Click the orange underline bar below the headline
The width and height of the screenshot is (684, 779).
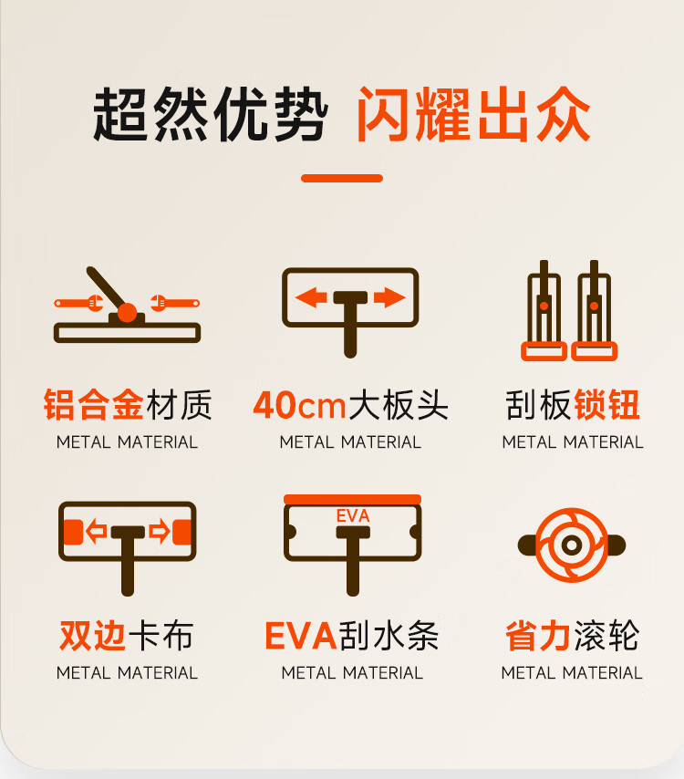point(342,178)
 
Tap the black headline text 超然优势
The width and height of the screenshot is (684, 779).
point(210,114)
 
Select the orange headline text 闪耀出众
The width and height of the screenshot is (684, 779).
point(474,114)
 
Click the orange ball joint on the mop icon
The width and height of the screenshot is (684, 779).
point(127,313)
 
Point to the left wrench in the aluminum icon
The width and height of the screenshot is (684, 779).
point(79,303)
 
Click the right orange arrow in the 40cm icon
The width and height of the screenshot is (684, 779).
point(389,297)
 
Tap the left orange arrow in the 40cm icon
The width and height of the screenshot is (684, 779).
point(311,297)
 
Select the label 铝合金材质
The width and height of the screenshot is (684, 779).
point(128,405)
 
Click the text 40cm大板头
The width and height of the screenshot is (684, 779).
point(351,405)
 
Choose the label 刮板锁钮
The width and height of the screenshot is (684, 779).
point(572,405)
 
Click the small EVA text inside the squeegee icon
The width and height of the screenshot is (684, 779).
point(353,515)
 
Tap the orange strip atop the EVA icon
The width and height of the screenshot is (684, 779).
point(352,499)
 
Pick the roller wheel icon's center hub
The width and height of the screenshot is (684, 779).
point(572,545)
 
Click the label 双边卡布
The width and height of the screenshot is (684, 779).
point(127,636)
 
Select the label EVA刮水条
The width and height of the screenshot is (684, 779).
point(352,636)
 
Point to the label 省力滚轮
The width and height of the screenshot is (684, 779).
point(572,636)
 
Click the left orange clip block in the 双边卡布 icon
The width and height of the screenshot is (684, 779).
point(73,532)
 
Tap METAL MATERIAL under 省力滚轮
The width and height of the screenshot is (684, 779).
point(572,672)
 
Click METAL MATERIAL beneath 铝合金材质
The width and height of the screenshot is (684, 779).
point(127,441)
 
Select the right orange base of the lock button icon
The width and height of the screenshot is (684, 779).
point(594,351)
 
